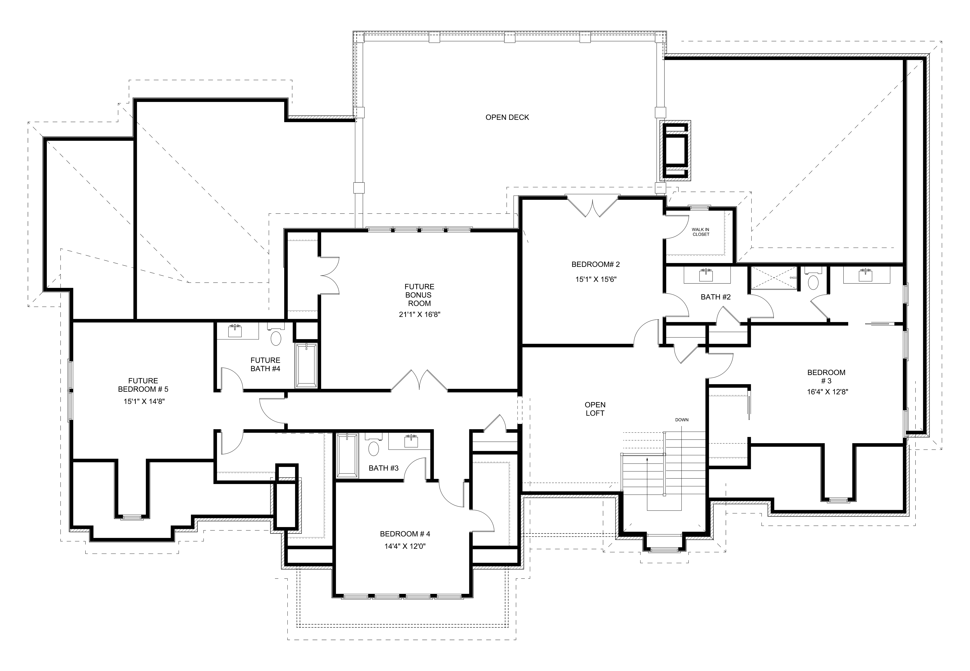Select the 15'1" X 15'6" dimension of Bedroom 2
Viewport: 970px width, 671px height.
pyautogui.click(x=596, y=279)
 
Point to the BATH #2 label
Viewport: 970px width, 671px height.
pyautogui.click(x=715, y=297)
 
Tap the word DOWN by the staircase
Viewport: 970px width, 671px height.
pyautogui.click(x=682, y=420)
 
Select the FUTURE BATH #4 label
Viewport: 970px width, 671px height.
pyautogui.click(x=265, y=364)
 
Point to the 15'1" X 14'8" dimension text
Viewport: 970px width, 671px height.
pyautogui.click(x=144, y=401)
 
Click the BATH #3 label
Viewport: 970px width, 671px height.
pyautogui.click(x=383, y=468)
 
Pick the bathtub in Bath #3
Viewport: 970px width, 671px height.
pyautogui.click(x=347, y=456)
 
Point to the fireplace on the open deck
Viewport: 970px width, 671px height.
pyautogui.click(x=675, y=150)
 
